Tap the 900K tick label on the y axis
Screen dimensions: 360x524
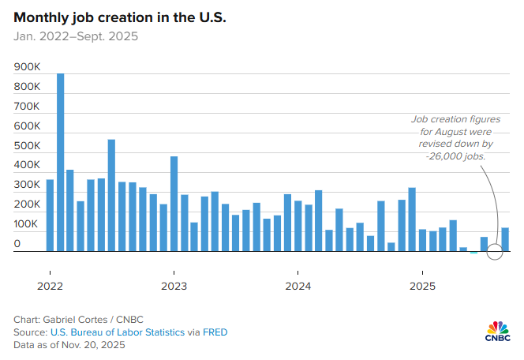click(27, 67)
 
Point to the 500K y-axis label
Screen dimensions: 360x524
click(27, 146)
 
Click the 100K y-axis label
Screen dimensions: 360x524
click(27, 224)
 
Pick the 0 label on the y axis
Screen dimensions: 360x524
click(17, 244)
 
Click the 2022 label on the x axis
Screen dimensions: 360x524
click(50, 285)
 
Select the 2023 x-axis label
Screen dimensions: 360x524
click(174, 285)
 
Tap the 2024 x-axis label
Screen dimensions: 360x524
click(298, 285)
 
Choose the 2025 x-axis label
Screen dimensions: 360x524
click(422, 285)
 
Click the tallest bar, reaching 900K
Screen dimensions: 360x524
click(60, 163)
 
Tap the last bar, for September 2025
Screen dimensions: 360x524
click(505, 239)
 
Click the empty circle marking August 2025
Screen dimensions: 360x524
click(495, 252)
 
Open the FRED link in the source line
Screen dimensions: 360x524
click(214, 332)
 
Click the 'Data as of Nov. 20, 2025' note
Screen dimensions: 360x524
click(68, 345)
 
